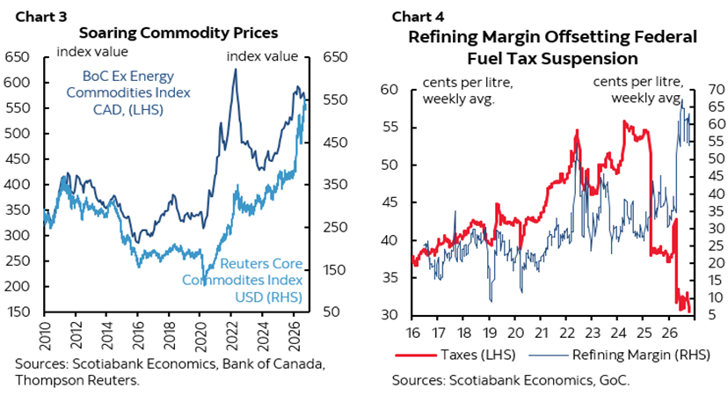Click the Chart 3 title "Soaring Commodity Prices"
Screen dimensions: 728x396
pyautogui.click(x=178, y=33)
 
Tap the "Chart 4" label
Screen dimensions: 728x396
pyautogui.click(x=418, y=18)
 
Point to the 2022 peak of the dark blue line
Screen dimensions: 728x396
pyautogui.click(x=235, y=70)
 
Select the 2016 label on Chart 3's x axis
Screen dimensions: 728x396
pyautogui.click(x=138, y=334)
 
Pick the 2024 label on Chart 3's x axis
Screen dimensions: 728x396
pyautogui.click(x=262, y=334)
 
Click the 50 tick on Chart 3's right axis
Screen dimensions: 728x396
pyautogui.click(x=332, y=312)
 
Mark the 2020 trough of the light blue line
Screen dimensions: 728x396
pyautogui.click(x=203, y=283)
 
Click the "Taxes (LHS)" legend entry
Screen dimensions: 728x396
pyautogui.click(x=455, y=356)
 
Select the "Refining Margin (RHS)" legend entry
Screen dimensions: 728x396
pyautogui.click(x=620, y=356)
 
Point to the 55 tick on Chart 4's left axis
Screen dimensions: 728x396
pyautogui.click(x=389, y=127)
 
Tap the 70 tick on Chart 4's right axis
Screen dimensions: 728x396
pyautogui.click(x=717, y=89)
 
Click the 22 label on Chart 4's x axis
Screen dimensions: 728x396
pyautogui.click(x=567, y=333)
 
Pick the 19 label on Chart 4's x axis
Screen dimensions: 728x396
pyautogui.click(x=490, y=333)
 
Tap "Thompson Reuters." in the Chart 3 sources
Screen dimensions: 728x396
pyautogui.click(x=77, y=380)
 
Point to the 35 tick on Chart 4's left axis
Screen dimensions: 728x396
pyautogui.click(x=389, y=277)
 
